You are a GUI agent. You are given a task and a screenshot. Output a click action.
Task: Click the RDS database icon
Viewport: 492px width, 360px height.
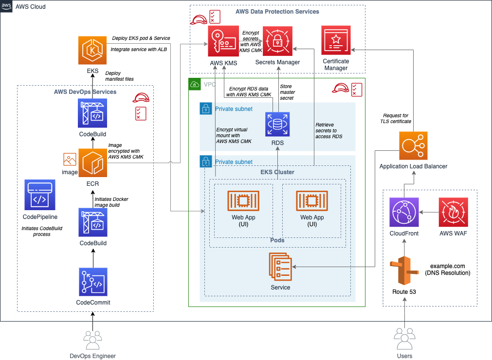[x=277, y=124]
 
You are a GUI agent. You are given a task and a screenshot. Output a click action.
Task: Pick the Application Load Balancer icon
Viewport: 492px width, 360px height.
[x=413, y=145]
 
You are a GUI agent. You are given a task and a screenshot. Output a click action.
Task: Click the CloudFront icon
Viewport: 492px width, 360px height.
[x=404, y=212]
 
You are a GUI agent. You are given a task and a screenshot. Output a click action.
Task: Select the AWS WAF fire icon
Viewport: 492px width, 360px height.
[x=453, y=212]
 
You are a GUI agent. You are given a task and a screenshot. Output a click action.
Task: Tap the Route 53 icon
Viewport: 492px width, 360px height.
[x=404, y=270]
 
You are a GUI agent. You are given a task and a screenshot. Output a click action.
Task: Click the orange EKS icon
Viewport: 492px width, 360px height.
[x=92, y=51]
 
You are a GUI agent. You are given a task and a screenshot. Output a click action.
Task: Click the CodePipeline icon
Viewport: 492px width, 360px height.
[x=40, y=195]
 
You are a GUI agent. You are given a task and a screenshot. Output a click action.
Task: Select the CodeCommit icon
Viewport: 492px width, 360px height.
[x=92, y=282]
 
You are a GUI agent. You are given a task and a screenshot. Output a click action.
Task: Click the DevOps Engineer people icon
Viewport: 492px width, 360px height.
[x=92, y=340]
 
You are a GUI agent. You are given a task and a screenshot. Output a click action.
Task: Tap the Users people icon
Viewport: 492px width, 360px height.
[x=404, y=339]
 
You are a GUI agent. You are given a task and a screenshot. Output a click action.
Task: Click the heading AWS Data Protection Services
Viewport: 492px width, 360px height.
[x=277, y=11]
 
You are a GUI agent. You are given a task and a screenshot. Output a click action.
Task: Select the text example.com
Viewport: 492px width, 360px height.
[x=448, y=266]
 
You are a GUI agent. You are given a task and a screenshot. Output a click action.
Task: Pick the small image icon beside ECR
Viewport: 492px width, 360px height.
[x=70, y=159]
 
